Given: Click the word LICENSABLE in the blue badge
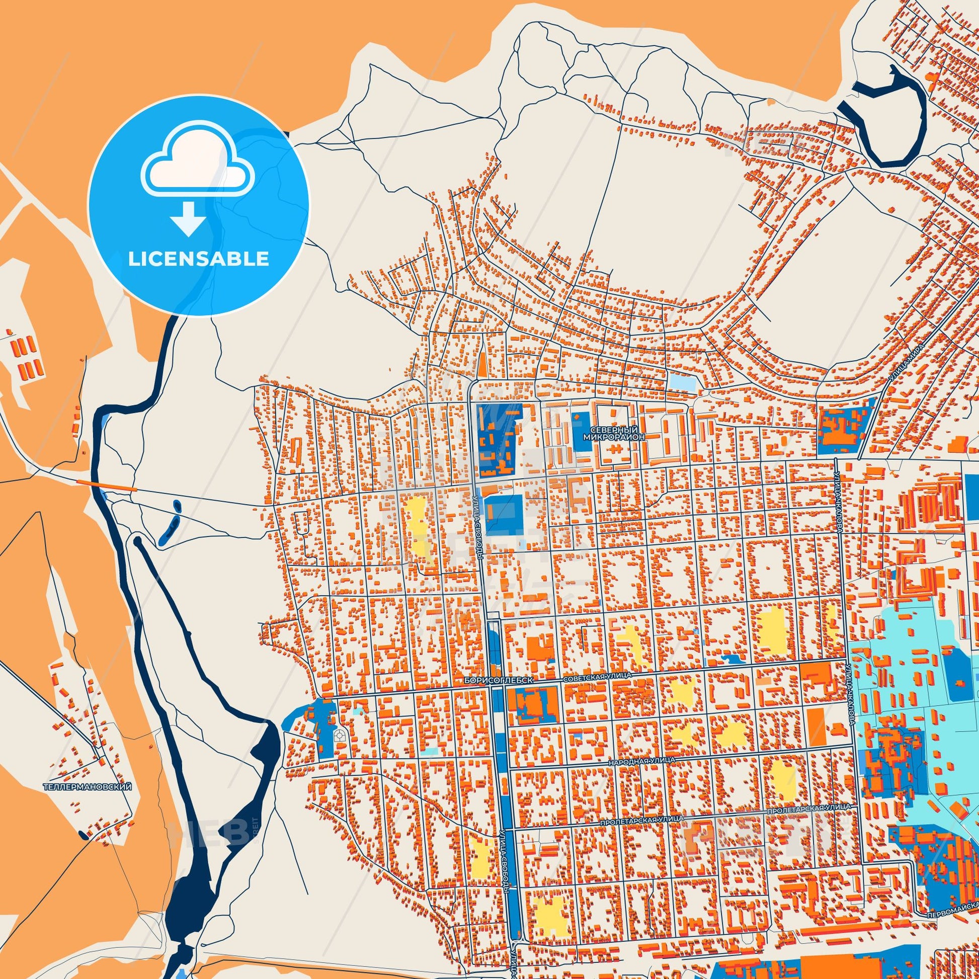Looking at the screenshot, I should click(x=198, y=259).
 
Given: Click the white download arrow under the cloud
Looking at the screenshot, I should click(x=188, y=218).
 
